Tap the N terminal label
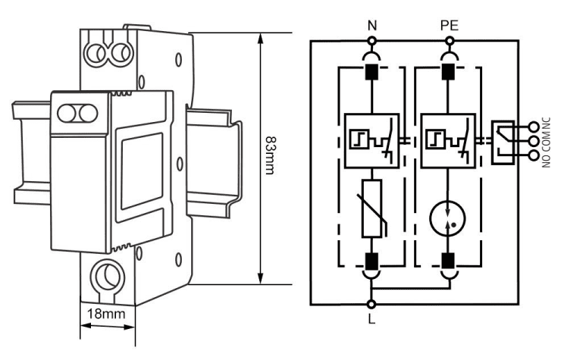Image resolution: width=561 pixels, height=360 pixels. click(371, 25)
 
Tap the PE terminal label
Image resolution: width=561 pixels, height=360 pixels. click(449, 25)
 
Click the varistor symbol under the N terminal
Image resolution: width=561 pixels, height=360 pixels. click(371, 210)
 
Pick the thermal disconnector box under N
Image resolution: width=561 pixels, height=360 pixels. click(371, 140)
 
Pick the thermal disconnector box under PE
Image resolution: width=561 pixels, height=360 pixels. click(449, 140)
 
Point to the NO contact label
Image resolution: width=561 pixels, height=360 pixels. click(547, 160)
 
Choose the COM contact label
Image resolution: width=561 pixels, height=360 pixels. click(547, 141)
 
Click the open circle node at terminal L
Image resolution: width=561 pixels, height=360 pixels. click(371, 304)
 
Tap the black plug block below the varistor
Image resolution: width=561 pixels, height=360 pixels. click(371, 262)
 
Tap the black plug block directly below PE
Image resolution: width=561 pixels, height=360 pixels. click(449, 72)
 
